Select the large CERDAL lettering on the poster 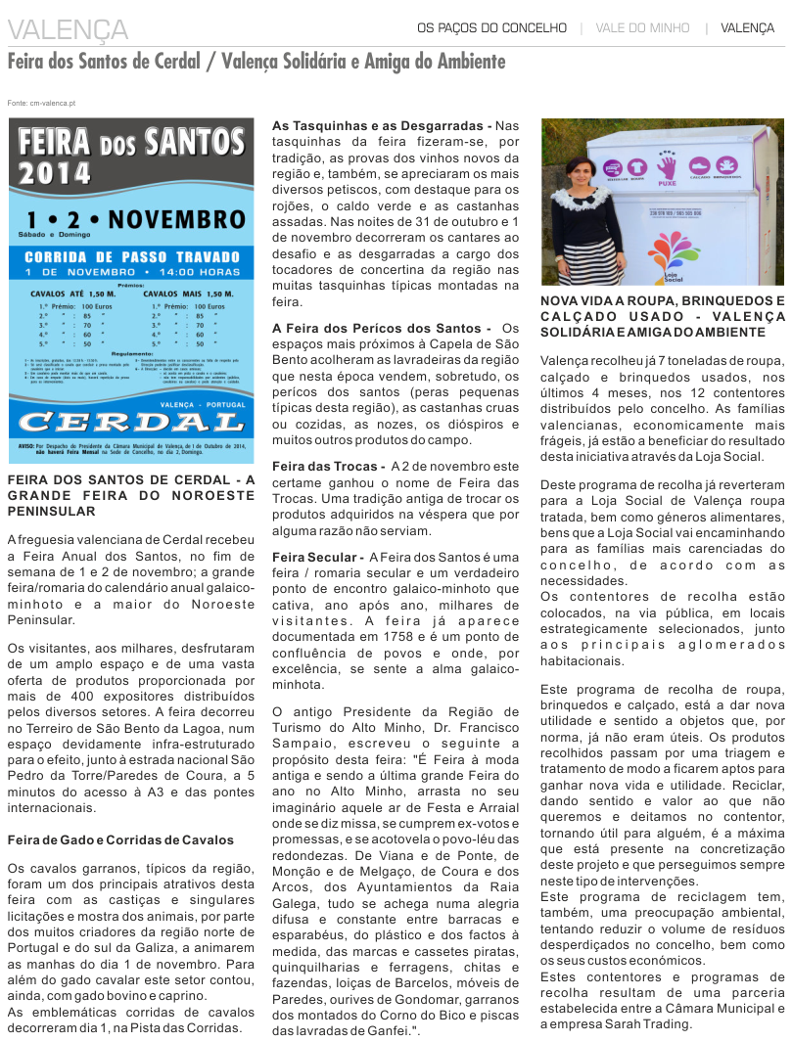(131, 422)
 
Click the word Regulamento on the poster (132, 353)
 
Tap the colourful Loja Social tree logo (668, 249)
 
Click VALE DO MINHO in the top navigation (642, 28)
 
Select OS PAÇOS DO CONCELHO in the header (491, 28)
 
